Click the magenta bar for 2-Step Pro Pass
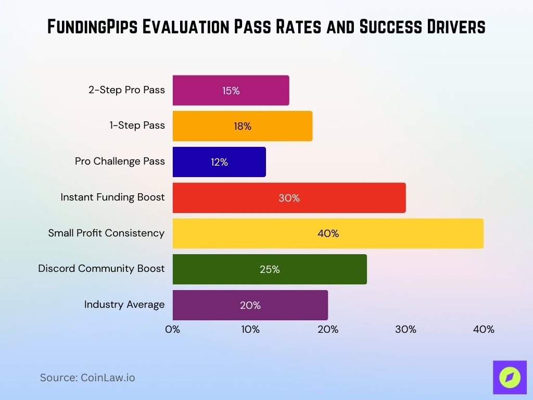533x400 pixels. coord(231,90)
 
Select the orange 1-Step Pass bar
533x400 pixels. coord(243,126)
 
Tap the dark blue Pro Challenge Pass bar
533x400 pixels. coord(219,162)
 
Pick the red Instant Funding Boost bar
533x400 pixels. coord(289,198)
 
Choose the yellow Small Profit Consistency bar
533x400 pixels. coord(328,233)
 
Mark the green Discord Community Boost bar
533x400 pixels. coord(270,269)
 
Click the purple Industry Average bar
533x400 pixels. coord(250,305)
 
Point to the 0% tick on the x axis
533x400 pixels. coord(172,330)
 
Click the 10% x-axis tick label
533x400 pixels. coord(250,330)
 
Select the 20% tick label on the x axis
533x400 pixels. coord(328,330)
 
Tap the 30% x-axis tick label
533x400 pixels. coord(405,330)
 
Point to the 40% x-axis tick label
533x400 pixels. coord(484,330)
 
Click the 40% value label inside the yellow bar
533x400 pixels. coord(328,233)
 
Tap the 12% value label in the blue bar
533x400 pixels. coord(219,162)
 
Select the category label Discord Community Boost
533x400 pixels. coord(101,269)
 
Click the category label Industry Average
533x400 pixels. coord(124,304)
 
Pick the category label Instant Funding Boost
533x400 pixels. coord(112,197)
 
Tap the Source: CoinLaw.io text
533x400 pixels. coord(87,378)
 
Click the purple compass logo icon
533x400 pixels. coord(510,377)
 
